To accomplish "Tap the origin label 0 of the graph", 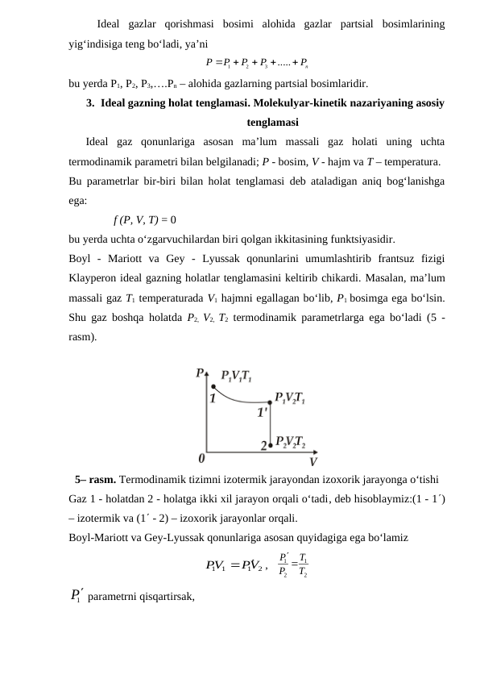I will click(x=201, y=458).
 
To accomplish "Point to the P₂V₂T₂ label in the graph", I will click(x=291, y=442).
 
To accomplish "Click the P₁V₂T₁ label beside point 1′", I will click(x=290, y=398).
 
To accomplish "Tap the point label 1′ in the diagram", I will click(x=263, y=412).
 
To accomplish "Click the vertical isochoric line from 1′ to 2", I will click(x=270, y=423).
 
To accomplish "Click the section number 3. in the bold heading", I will click(x=92, y=104).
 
